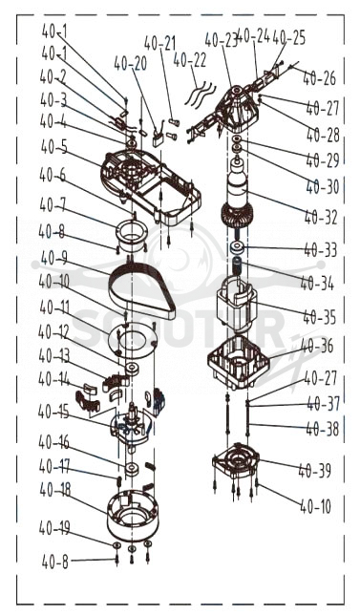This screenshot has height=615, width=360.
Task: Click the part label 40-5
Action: point(53,147)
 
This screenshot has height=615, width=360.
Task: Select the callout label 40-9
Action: point(54,258)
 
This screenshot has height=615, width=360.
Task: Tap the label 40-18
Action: point(55,489)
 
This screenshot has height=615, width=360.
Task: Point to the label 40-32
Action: point(321,217)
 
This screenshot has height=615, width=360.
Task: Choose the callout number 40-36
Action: point(318,347)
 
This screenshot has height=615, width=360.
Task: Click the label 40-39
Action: point(315,470)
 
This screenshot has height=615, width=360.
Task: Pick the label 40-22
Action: point(189,60)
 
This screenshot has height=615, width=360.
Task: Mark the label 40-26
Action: point(320,78)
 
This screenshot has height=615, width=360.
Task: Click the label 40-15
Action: point(53,412)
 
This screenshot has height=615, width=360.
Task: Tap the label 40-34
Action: point(317,284)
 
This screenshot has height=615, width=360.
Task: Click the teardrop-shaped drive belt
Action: point(142,291)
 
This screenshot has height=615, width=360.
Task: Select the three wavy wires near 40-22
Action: point(200,94)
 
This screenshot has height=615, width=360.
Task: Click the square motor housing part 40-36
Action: point(239,362)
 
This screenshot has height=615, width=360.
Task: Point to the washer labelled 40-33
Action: point(238,247)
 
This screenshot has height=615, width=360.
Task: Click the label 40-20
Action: point(131,63)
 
